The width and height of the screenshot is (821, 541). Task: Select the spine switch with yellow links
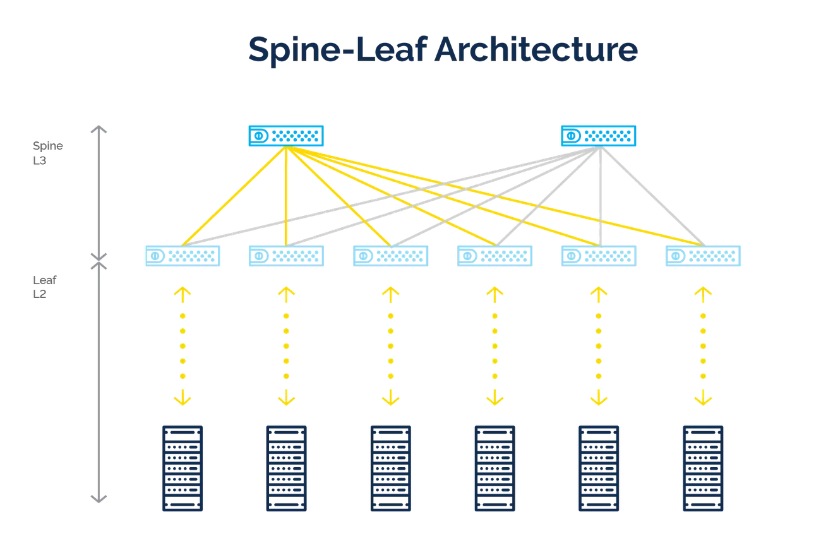tap(285, 135)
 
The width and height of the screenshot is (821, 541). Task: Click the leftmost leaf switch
tap(181, 257)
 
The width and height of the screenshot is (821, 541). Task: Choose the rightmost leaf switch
tap(702, 257)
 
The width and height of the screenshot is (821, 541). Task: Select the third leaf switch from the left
tap(390, 257)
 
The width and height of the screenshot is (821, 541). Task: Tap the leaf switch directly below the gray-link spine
tap(598, 257)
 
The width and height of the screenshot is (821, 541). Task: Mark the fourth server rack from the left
tap(493, 468)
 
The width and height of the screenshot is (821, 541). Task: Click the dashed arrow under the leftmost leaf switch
tap(182, 346)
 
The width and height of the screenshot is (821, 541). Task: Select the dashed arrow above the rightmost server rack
tap(702, 346)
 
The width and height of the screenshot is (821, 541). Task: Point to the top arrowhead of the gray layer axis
tap(98, 129)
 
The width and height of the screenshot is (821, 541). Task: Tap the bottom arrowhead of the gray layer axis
tap(98, 497)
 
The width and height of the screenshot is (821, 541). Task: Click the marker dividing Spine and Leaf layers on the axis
tap(98, 259)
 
